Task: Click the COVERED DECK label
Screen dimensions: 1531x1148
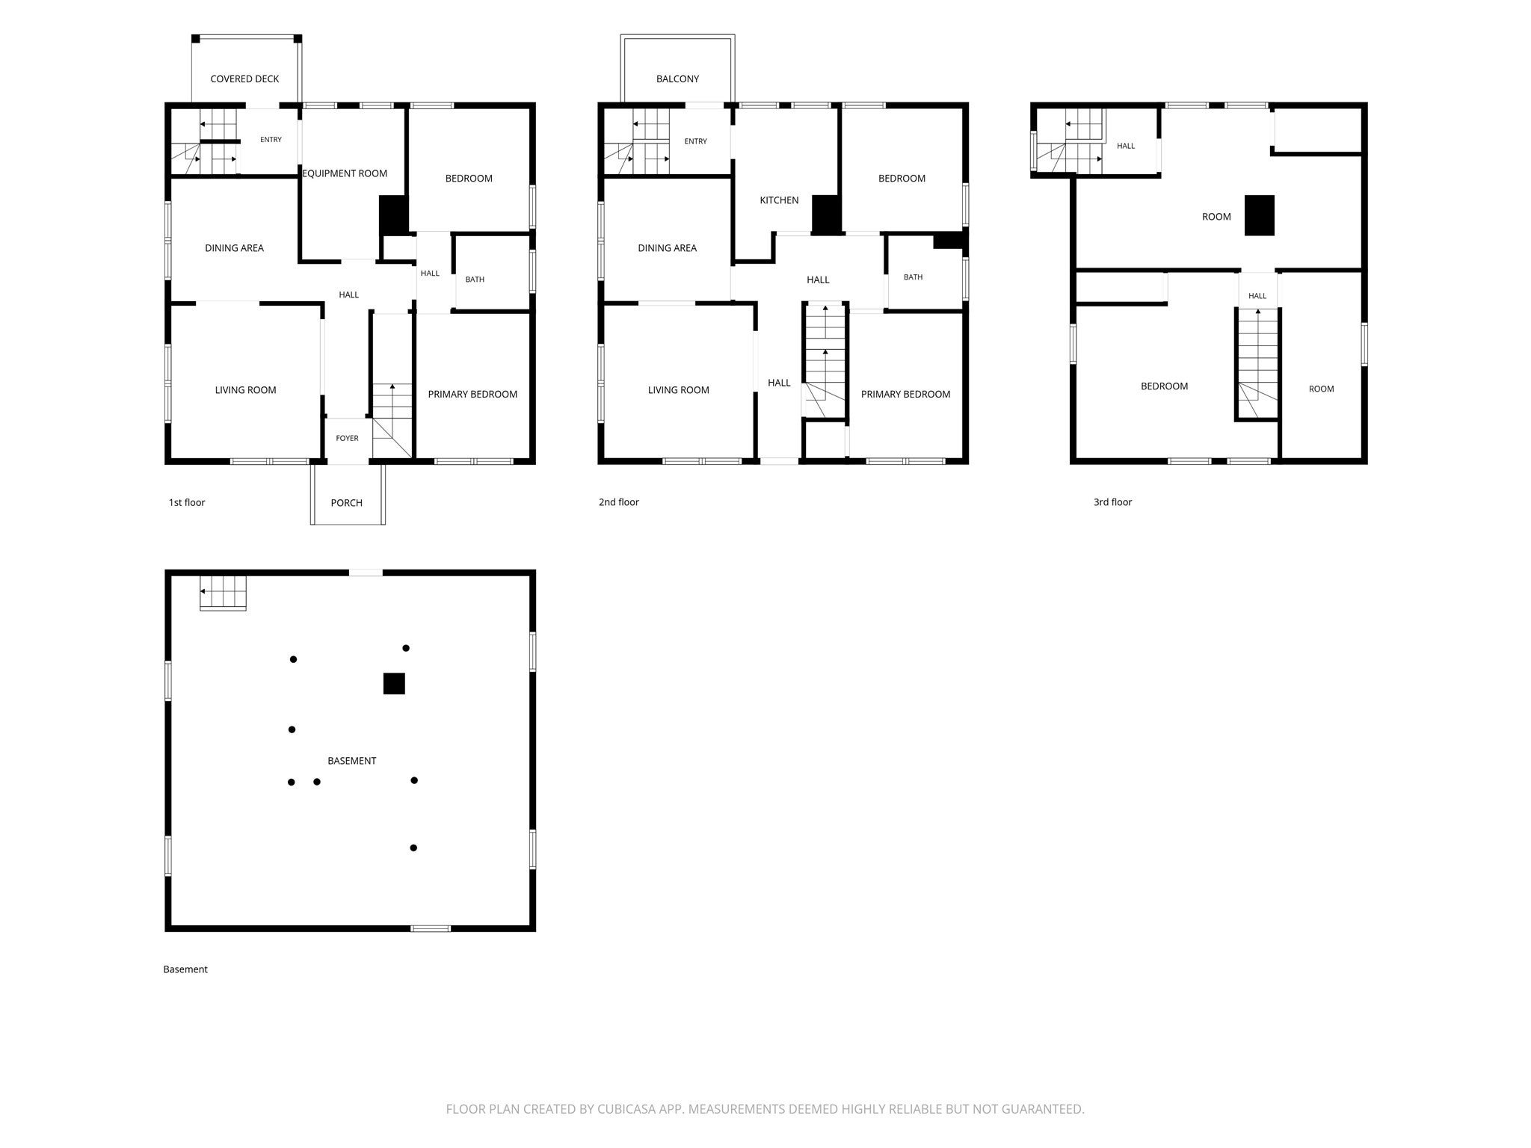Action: pyautogui.click(x=244, y=78)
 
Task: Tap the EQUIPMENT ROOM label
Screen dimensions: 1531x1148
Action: pyautogui.click(x=345, y=173)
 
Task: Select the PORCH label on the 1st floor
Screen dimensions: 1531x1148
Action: pyautogui.click(x=347, y=503)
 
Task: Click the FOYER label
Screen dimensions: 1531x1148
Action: pyautogui.click(x=347, y=438)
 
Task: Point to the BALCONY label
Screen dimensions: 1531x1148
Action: pyautogui.click(x=678, y=78)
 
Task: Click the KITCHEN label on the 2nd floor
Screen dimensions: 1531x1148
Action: pyautogui.click(x=779, y=200)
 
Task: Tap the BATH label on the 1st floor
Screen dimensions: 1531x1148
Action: pyautogui.click(x=475, y=280)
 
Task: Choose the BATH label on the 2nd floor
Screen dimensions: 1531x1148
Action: pyautogui.click(x=913, y=277)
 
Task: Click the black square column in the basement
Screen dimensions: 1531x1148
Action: pyautogui.click(x=394, y=684)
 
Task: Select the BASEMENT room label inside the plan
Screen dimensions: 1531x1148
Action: pyautogui.click(x=352, y=761)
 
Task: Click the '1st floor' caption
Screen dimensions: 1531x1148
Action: pyautogui.click(x=187, y=502)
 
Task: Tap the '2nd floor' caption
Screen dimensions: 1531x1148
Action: pyautogui.click(x=619, y=502)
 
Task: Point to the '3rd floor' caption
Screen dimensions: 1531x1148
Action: pyautogui.click(x=1112, y=502)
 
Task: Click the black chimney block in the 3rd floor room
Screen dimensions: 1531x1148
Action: pyautogui.click(x=1260, y=215)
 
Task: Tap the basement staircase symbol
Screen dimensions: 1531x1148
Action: pyautogui.click(x=223, y=593)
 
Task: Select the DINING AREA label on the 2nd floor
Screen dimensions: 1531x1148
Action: pyautogui.click(x=667, y=248)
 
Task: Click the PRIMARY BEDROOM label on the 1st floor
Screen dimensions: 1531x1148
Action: pyautogui.click(x=472, y=395)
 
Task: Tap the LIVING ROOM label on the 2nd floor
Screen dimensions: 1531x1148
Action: pyautogui.click(x=678, y=390)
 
